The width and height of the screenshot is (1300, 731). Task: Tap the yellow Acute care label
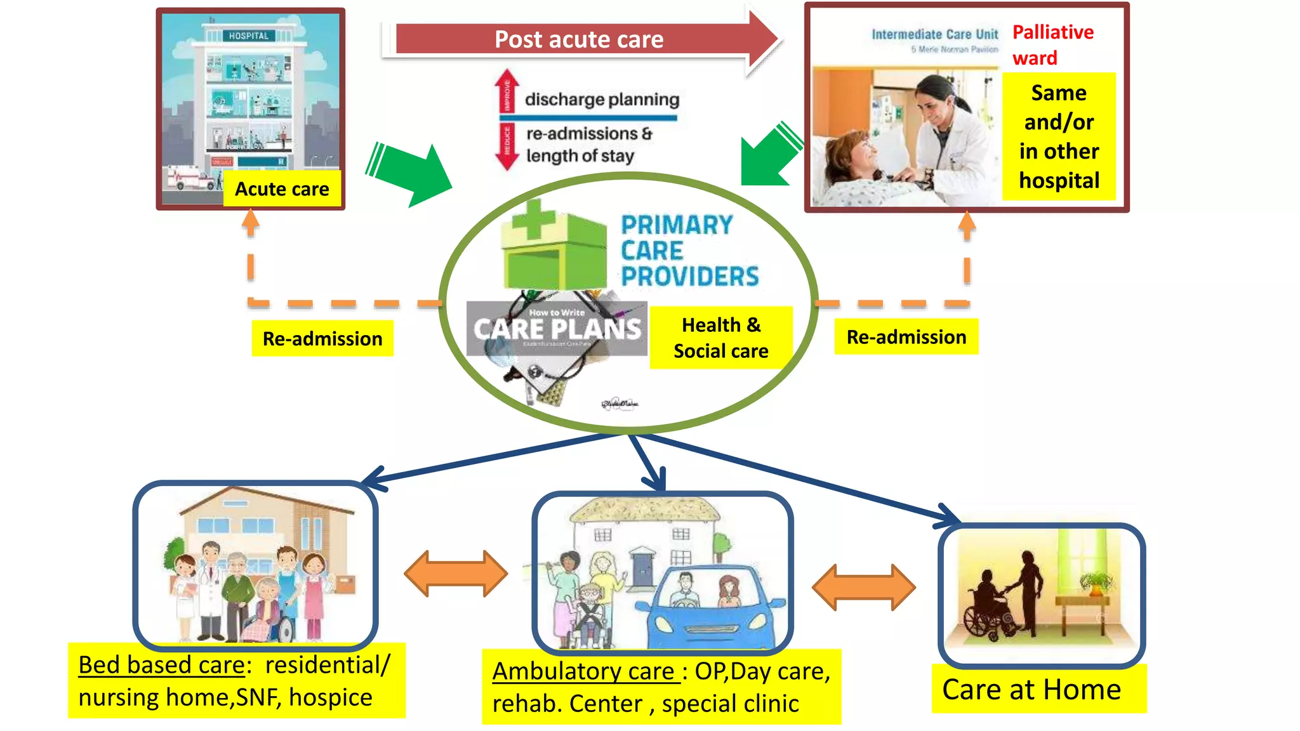click(282, 188)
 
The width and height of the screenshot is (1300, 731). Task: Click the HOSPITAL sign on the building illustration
click(249, 36)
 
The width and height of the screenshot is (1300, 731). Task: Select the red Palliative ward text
click(1052, 44)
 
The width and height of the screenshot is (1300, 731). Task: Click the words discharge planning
click(601, 100)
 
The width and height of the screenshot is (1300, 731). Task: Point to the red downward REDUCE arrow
click(507, 146)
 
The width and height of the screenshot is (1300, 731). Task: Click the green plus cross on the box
click(532, 220)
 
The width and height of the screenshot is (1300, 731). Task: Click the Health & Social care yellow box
click(720, 338)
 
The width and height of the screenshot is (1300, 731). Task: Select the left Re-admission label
click(322, 338)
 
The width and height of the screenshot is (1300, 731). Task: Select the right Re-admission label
click(906, 336)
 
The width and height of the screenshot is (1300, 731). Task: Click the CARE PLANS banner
click(557, 329)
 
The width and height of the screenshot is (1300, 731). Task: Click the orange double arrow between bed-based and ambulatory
click(456, 573)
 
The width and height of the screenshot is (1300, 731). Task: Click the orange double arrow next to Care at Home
click(863, 587)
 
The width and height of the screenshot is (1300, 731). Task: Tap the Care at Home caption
click(1031, 689)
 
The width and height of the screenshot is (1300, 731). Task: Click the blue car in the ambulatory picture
click(711, 609)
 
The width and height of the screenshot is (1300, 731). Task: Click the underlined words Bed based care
click(161, 665)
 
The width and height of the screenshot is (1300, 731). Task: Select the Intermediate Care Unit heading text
click(934, 34)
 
